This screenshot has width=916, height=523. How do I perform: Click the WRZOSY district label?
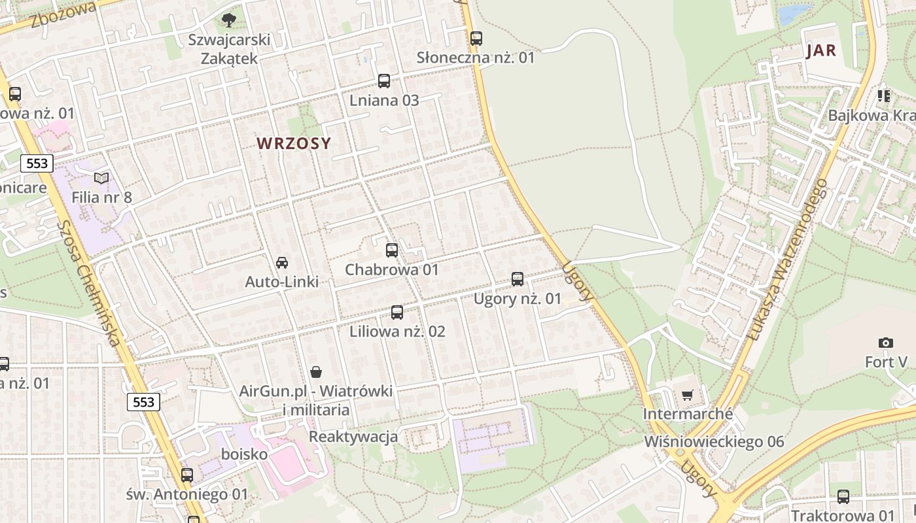[294, 143]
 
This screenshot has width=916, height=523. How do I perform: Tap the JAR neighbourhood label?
[822, 50]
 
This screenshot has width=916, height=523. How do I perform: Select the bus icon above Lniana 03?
[384, 81]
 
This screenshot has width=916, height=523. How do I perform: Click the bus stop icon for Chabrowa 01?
[392, 250]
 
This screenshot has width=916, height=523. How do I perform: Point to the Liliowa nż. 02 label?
[397, 331]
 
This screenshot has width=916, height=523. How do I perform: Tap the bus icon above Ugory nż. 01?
[518, 279]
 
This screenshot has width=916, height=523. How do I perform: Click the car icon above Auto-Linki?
[282, 263]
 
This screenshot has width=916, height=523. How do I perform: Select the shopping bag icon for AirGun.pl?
[316, 372]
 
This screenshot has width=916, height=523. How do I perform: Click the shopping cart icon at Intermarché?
[687, 395]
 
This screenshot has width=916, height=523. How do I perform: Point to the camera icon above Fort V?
[886, 343]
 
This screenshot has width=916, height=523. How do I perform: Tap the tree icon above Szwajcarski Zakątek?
[228, 20]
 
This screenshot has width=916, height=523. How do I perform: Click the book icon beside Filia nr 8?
[101, 178]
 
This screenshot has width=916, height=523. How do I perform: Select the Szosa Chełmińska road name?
[89, 282]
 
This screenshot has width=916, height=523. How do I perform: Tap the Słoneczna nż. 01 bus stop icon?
[476, 38]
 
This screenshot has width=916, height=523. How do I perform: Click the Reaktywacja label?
[353, 436]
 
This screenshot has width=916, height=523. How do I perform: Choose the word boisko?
[245, 454]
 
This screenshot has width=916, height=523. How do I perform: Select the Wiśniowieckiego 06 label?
[714, 441]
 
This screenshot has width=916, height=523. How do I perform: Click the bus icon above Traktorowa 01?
[843, 497]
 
